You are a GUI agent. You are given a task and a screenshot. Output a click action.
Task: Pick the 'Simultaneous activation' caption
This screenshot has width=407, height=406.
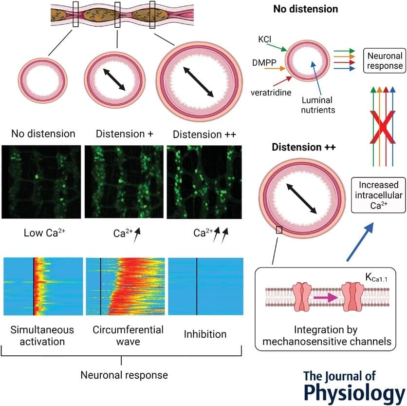point(42,335)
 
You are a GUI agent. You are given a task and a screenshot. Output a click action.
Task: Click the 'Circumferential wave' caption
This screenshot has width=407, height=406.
point(128,335)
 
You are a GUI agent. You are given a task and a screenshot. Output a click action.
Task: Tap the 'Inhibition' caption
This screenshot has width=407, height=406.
point(205,334)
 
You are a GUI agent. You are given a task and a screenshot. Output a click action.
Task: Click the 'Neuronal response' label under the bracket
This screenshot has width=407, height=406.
point(124,375)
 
